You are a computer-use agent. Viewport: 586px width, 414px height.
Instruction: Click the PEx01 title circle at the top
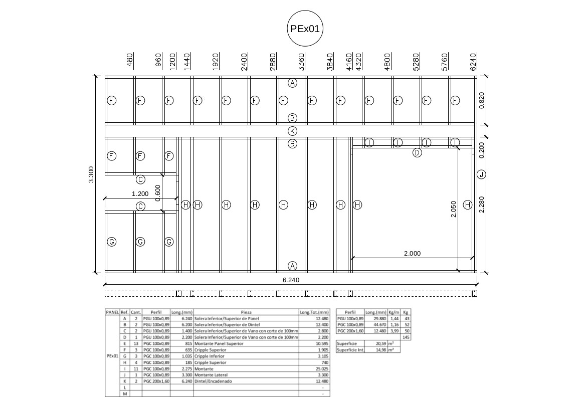304,29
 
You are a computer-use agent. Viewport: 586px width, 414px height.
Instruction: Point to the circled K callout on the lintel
293,131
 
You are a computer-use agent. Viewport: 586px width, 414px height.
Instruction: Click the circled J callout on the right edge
481,174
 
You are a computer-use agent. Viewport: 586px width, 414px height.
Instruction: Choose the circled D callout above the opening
417,153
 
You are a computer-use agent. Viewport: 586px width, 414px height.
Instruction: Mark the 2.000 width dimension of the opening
412,254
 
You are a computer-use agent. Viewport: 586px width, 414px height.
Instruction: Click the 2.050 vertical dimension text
453,209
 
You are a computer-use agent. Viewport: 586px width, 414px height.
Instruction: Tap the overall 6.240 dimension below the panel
291,280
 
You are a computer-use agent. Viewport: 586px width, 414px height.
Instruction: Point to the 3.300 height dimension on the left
91,174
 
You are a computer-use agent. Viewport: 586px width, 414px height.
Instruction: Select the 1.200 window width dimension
140,193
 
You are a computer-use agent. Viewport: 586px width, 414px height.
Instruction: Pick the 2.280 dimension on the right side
482,204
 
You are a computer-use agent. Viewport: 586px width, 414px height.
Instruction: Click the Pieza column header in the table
246,312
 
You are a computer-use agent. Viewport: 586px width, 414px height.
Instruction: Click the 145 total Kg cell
406,337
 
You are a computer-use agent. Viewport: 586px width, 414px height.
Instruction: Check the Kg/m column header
394,312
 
